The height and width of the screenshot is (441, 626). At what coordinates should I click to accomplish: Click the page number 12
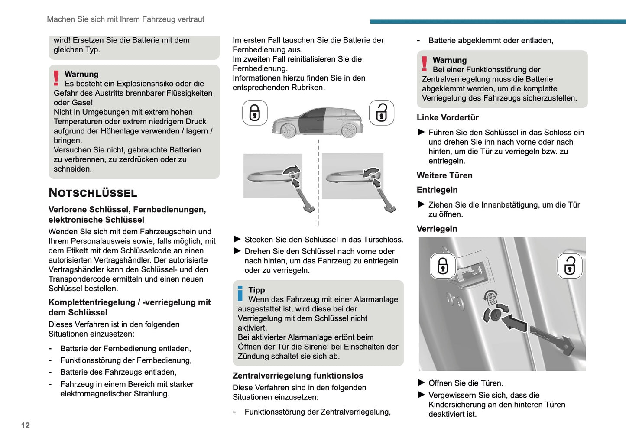(26, 425)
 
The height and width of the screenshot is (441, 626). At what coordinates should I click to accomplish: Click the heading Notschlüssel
(93, 193)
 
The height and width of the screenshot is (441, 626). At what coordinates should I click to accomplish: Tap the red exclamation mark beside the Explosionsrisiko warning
(56, 78)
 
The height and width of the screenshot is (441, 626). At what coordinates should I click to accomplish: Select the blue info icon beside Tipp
(240, 293)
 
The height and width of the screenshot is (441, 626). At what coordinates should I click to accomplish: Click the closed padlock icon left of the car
(255, 113)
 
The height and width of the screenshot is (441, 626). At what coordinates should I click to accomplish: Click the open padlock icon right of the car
(381, 113)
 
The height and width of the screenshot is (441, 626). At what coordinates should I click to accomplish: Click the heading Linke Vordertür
(448, 118)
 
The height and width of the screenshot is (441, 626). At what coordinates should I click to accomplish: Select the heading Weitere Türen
(444, 175)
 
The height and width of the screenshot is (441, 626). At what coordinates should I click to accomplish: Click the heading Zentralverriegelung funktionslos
(298, 376)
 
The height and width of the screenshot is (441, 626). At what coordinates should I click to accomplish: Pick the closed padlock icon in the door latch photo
(443, 266)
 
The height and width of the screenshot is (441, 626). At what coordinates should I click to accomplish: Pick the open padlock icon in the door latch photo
(570, 266)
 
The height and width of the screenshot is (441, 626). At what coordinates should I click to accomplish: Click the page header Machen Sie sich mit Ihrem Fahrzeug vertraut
(126, 19)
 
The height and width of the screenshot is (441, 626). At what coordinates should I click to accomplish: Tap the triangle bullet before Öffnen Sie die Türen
(421, 383)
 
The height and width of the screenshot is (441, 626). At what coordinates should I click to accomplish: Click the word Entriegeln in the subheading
(437, 190)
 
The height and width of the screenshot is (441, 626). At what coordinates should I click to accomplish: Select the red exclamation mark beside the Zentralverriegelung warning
(425, 64)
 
